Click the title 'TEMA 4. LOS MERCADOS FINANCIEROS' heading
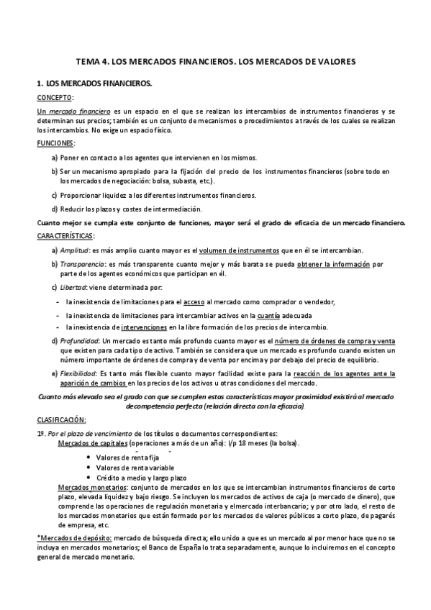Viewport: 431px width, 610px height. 215,62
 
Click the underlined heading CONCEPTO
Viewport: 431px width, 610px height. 54,97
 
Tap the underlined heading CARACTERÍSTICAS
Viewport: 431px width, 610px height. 65,236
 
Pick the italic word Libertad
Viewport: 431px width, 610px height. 73,287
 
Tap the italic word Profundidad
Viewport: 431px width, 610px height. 81,340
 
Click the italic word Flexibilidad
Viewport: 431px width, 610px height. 79,373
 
